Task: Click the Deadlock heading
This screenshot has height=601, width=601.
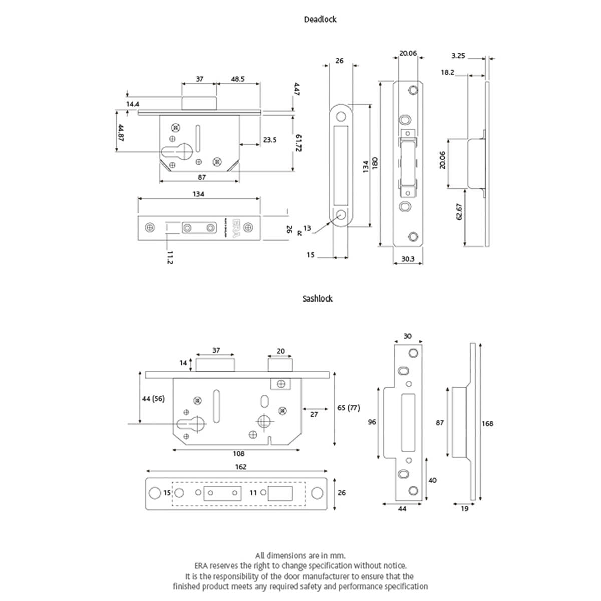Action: coord(320,20)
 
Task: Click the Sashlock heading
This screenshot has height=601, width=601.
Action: coord(317,299)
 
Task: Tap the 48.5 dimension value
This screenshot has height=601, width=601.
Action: coord(238,79)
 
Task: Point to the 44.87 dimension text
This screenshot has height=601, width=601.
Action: coord(120,133)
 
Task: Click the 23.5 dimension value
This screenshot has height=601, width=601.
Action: coord(270,140)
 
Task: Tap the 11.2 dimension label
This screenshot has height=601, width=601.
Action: coord(170,257)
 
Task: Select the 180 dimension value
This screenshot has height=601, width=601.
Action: coord(375,163)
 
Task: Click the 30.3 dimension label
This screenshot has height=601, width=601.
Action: coord(408,259)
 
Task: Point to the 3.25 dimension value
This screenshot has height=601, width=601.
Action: coord(458,56)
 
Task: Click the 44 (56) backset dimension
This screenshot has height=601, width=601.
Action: coord(153,399)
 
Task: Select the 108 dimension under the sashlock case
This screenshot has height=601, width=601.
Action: coord(239,454)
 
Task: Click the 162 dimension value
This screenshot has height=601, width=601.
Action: coord(241,467)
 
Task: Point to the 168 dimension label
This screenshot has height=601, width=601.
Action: coord(487,424)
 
